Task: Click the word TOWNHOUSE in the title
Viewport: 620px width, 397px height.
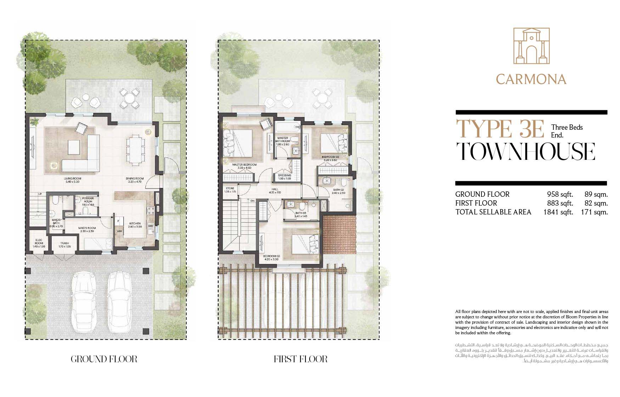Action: pyautogui.click(x=525, y=152)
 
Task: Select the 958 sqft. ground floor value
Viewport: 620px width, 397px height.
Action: pyautogui.click(x=560, y=194)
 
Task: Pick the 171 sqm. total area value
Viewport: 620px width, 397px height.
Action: pyautogui.click(x=594, y=212)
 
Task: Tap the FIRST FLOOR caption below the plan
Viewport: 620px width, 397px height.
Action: pyautogui.click(x=300, y=359)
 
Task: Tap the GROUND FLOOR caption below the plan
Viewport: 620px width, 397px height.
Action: pyautogui.click(x=104, y=359)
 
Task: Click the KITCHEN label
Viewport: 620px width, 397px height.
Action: pyautogui.click(x=135, y=224)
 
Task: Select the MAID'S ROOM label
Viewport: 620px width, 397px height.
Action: pyautogui.click(x=87, y=228)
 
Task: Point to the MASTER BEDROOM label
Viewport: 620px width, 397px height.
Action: pyautogui.click(x=244, y=165)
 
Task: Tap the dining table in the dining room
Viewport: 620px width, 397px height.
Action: pyautogui.click(x=136, y=150)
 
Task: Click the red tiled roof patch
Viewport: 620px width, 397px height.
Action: pyautogui.click(x=339, y=235)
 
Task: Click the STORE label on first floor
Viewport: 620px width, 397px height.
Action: pyautogui.click(x=230, y=189)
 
